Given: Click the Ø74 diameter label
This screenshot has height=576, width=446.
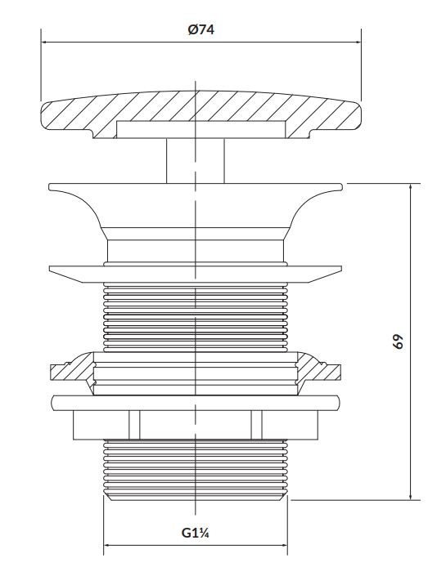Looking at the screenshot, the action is (201, 29).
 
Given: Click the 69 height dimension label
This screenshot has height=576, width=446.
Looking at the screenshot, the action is (398, 342).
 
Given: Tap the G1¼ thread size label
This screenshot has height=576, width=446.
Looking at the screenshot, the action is (196, 532).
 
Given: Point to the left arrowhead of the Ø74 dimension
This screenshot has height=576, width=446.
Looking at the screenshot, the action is (44, 42).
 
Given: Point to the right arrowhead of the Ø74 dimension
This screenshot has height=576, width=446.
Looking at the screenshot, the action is (357, 42).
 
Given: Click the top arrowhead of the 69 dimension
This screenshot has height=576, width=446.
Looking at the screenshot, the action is (410, 187).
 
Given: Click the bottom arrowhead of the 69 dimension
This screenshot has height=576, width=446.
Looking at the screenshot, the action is (410, 495).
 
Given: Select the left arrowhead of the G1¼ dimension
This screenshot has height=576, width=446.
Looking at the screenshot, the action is (108, 545).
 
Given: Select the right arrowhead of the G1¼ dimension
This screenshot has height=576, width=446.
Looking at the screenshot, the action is (283, 545).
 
